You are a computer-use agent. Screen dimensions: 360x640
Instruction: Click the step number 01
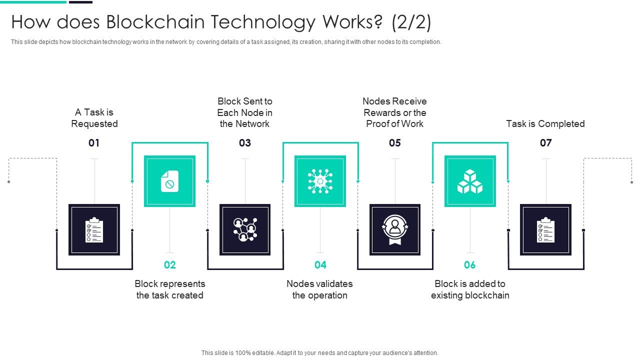[x=94, y=143]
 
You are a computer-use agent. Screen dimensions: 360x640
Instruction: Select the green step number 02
[x=170, y=265]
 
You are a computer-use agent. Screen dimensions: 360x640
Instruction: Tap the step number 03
[x=245, y=143]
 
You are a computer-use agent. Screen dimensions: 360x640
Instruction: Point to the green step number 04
[x=320, y=265]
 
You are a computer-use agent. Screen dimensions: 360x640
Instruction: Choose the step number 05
[x=395, y=143]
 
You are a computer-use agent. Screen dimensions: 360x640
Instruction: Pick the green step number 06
[x=470, y=265]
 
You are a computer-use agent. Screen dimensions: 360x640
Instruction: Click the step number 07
[x=545, y=143]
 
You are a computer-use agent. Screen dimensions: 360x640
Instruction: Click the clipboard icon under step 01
[x=94, y=230]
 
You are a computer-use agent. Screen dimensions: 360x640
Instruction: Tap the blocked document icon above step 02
[x=169, y=181]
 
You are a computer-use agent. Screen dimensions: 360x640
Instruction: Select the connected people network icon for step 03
[x=245, y=230]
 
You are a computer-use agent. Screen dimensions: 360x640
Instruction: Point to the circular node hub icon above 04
[x=320, y=181]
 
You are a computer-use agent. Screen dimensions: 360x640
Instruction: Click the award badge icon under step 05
[x=395, y=230]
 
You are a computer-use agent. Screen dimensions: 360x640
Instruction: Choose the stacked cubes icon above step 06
[x=470, y=181]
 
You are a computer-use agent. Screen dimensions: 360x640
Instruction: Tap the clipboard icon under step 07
[x=545, y=230]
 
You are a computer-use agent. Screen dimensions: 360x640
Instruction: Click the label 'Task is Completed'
[x=545, y=123]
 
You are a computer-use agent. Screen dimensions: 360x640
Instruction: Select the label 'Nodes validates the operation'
[x=320, y=289]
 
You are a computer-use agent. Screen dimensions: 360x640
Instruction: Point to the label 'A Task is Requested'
[x=94, y=118]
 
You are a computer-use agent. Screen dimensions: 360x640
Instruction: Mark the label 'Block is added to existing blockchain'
[x=470, y=289]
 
